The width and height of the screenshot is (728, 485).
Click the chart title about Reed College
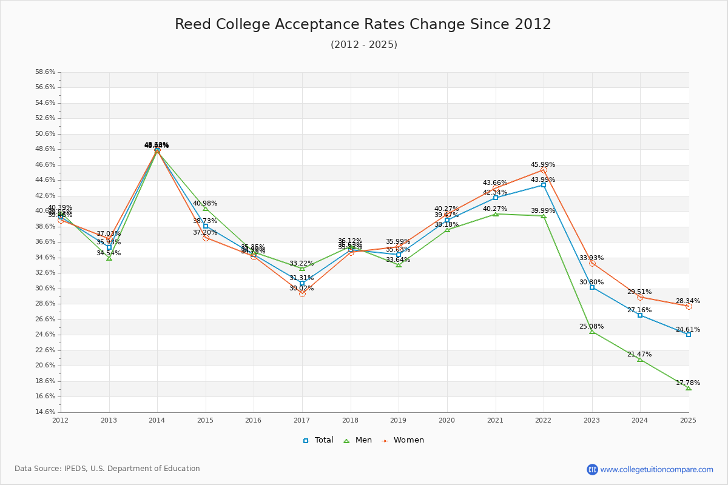click(x=363, y=24)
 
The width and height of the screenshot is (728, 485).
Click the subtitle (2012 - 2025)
click(x=363, y=45)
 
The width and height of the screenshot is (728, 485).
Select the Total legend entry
click(x=318, y=440)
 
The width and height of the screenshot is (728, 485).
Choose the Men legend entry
click(x=359, y=440)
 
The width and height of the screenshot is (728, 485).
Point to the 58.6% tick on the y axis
click(x=45, y=72)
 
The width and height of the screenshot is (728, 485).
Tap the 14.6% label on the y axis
click(x=45, y=412)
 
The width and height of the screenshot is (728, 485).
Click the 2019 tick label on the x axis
click(x=399, y=420)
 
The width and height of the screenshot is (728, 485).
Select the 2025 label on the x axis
click(x=688, y=420)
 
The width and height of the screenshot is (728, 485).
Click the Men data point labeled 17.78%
click(x=689, y=388)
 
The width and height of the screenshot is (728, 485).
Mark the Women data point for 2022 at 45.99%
click(x=544, y=170)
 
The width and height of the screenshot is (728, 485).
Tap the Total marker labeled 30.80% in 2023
click(x=592, y=287)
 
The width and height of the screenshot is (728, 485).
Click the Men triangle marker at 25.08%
click(x=592, y=332)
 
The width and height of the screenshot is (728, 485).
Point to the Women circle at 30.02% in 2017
click(x=302, y=293)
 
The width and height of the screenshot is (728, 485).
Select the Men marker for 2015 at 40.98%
click(x=206, y=209)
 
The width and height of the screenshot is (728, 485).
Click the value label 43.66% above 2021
click(x=495, y=183)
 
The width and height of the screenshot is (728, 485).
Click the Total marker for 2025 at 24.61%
click(x=689, y=335)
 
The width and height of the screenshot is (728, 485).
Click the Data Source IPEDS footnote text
click(x=107, y=469)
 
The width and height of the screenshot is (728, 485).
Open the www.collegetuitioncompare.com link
click(x=656, y=469)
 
